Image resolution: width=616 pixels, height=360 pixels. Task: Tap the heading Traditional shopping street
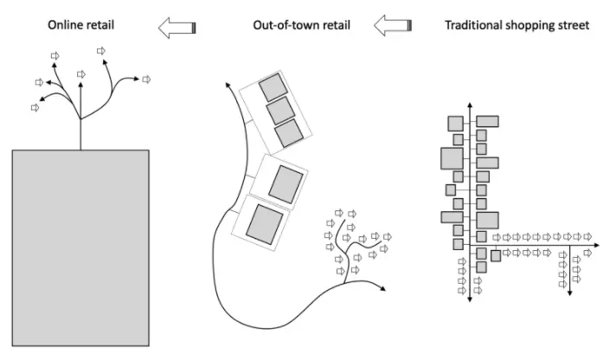(x=517, y=26)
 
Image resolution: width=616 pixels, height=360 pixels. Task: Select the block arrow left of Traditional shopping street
(x=393, y=28)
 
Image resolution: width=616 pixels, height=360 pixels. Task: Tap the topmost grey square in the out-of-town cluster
(x=273, y=88)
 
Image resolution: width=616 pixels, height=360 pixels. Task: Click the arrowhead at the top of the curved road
(x=228, y=85)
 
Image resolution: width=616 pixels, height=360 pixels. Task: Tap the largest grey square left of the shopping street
(x=452, y=158)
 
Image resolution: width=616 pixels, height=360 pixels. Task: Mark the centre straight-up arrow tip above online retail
(x=80, y=85)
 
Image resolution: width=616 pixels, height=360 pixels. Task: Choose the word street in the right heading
(x=573, y=26)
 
